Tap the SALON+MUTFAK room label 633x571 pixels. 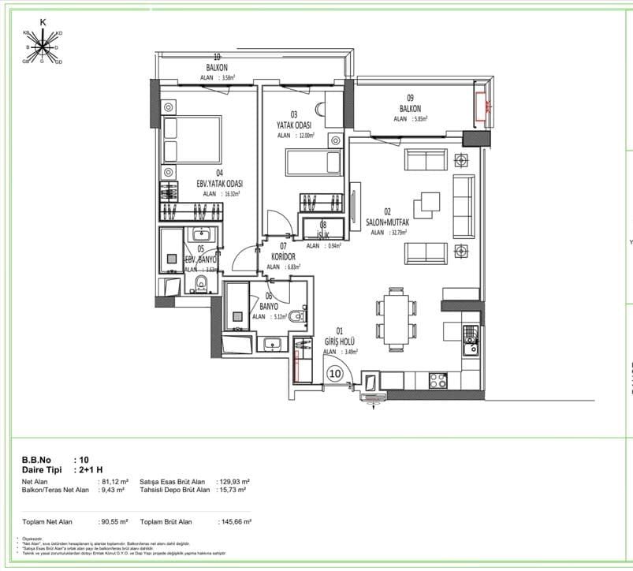387,222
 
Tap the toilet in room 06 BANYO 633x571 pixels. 297,317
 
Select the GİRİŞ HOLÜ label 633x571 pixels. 341,341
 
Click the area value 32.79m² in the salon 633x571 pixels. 393,233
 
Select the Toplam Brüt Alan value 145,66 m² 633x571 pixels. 234,521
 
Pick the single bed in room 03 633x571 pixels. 311,163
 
